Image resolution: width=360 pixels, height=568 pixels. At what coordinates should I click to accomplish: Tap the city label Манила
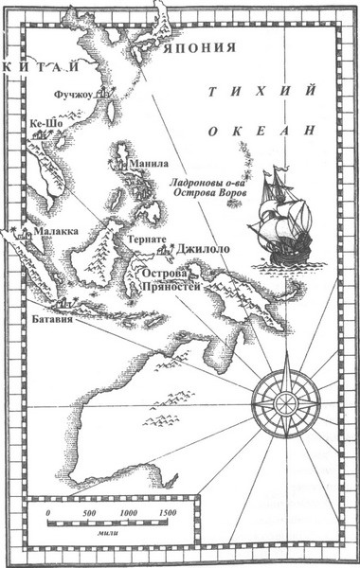tap(153, 163)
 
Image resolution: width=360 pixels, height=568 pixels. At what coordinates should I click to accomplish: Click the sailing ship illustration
tap(276, 218)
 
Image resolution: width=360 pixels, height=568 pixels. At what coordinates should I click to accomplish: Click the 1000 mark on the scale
tap(127, 512)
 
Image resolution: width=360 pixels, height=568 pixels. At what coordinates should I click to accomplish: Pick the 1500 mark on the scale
tap(167, 512)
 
